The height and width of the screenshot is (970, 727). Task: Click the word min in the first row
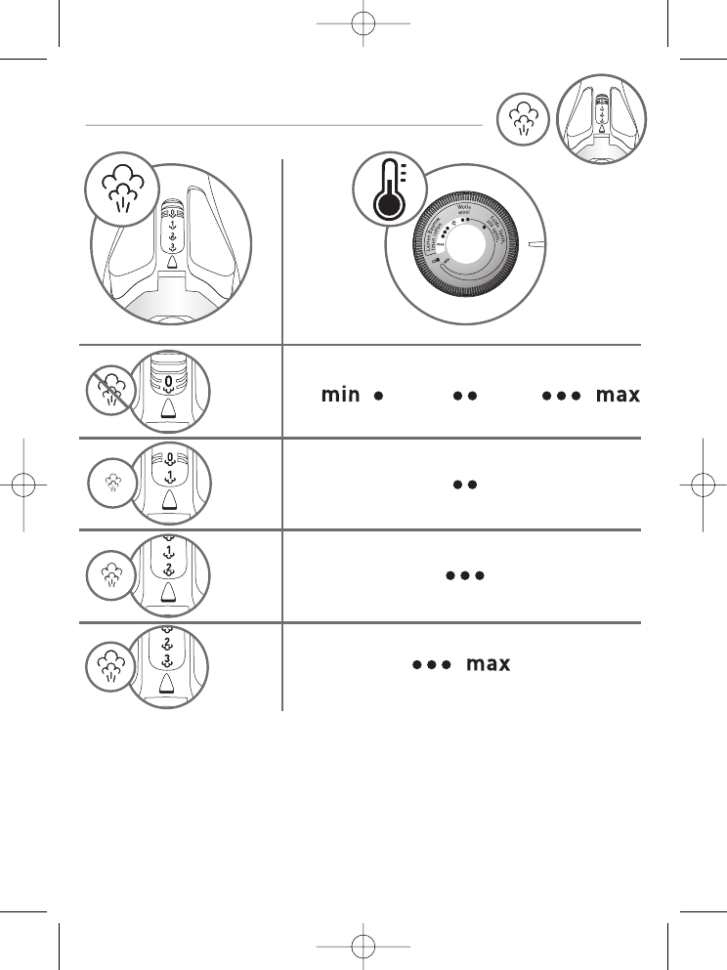tap(341, 396)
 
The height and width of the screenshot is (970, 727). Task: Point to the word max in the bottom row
tap(488, 664)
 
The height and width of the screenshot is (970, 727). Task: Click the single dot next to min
tap(377, 396)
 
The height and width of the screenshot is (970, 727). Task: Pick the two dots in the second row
tap(463, 485)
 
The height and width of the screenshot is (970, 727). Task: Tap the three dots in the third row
tap(464, 575)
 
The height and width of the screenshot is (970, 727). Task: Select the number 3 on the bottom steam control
tap(168, 659)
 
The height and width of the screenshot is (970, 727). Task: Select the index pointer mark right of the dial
tap(535, 243)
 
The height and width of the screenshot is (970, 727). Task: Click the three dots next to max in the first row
tap(562, 396)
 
